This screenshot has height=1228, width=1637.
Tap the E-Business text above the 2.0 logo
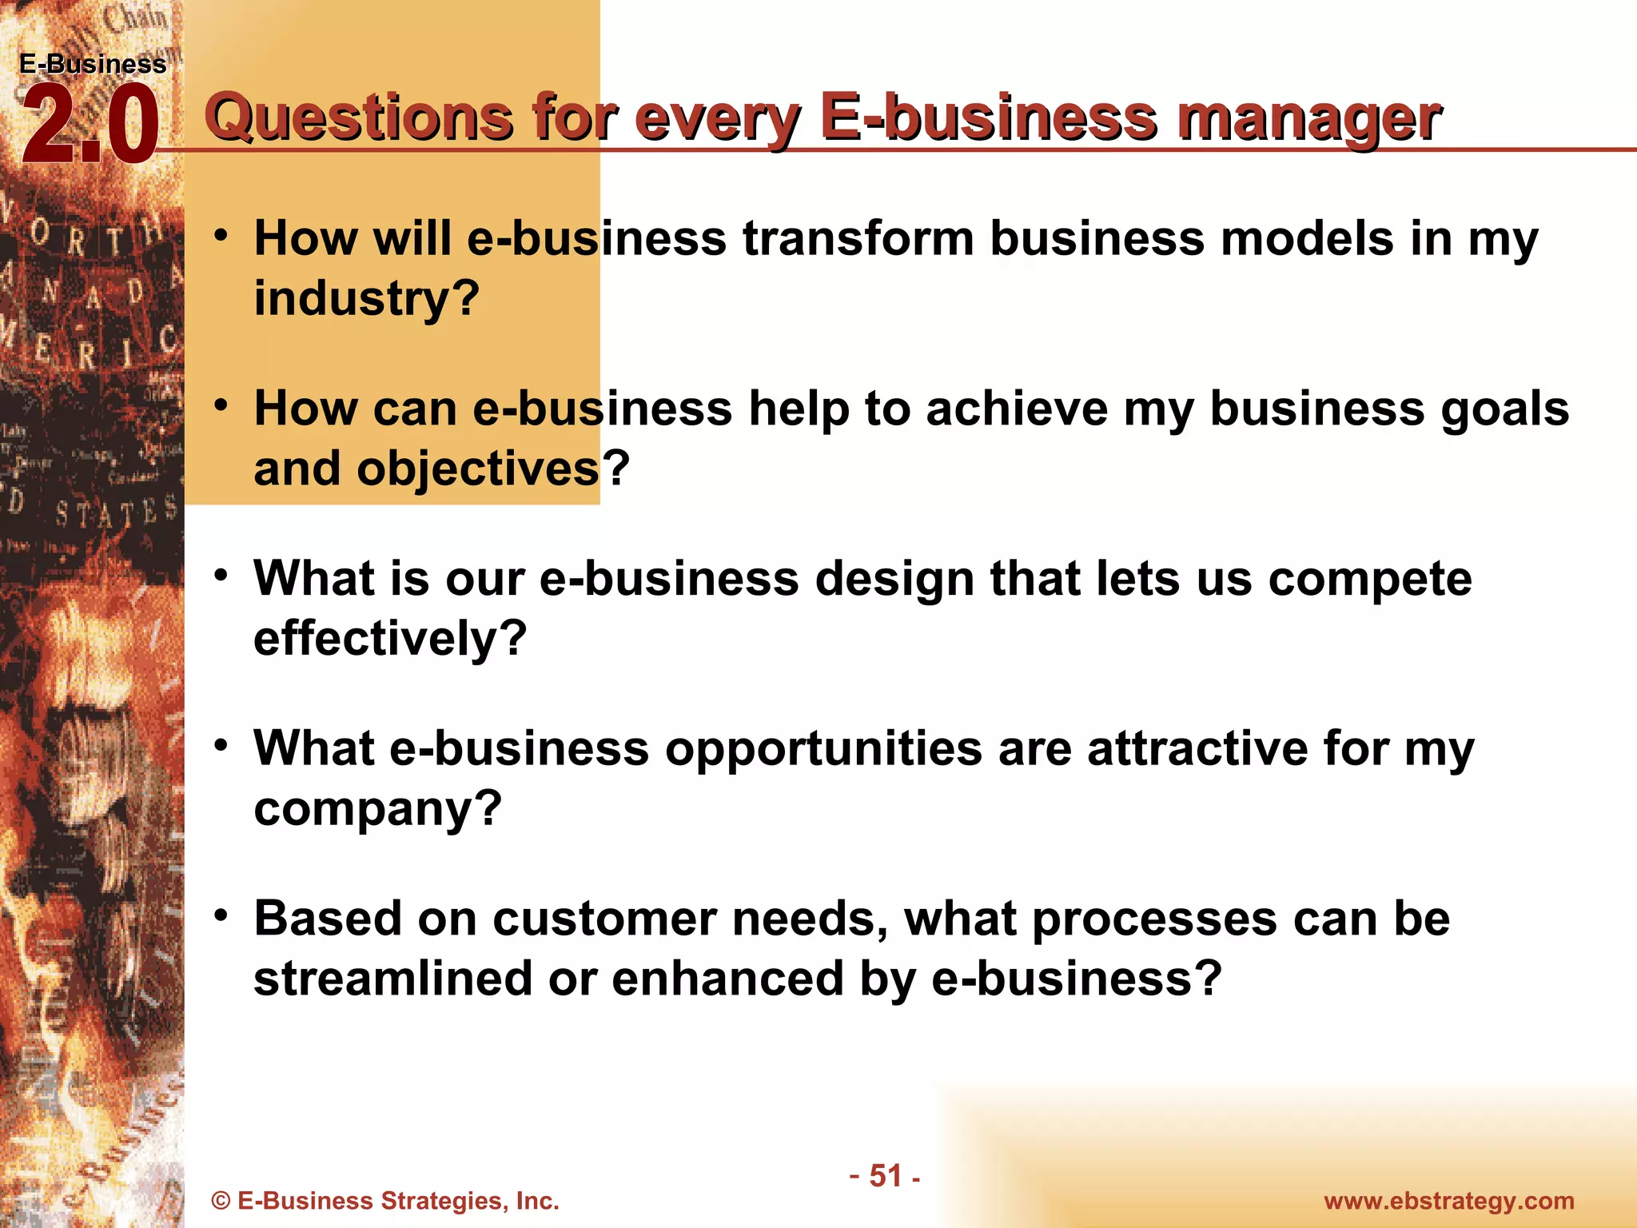(x=93, y=64)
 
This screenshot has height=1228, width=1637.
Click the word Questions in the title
(x=358, y=118)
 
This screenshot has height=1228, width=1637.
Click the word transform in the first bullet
(x=858, y=238)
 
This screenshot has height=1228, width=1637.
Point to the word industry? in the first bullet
(x=366, y=298)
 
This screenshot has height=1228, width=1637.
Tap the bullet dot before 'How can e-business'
(x=221, y=405)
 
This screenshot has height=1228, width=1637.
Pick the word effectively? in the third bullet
(x=390, y=638)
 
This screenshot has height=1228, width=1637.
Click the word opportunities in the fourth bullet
(x=823, y=748)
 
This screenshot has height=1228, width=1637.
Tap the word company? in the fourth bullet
(x=377, y=808)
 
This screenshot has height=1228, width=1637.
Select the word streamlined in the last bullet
(x=392, y=979)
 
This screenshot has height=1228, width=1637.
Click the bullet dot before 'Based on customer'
(x=221, y=915)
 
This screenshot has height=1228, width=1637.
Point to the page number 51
(x=886, y=1176)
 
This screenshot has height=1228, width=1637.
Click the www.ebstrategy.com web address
(x=1448, y=1201)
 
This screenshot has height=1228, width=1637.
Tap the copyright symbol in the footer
(x=221, y=1202)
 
